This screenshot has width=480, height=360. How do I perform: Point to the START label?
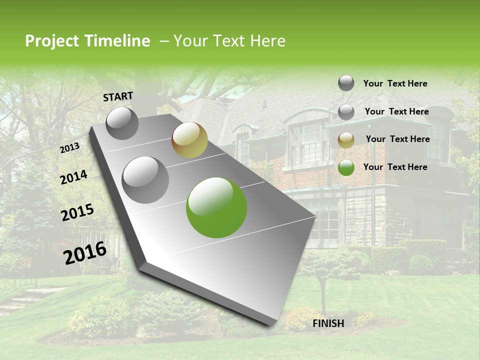[118, 96]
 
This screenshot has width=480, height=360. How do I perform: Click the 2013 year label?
[70, 148]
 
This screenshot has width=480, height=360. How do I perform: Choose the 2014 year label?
[74, 177]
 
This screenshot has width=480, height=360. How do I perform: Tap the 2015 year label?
[77, 212]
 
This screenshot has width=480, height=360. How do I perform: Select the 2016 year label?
[85, 253]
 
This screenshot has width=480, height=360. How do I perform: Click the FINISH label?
[328, 323]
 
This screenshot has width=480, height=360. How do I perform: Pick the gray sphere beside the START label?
[122, 123]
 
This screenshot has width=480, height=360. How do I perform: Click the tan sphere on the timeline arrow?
[189, 139]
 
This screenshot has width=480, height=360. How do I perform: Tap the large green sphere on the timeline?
[216, 207]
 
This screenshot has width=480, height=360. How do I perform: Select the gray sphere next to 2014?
[145, 179]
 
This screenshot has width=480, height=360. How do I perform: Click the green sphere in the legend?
[346, 167]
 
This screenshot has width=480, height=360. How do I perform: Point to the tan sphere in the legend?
[346, 140]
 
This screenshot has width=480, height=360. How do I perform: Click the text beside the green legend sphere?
[395, 167]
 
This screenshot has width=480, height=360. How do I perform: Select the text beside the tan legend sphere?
[397, 139]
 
